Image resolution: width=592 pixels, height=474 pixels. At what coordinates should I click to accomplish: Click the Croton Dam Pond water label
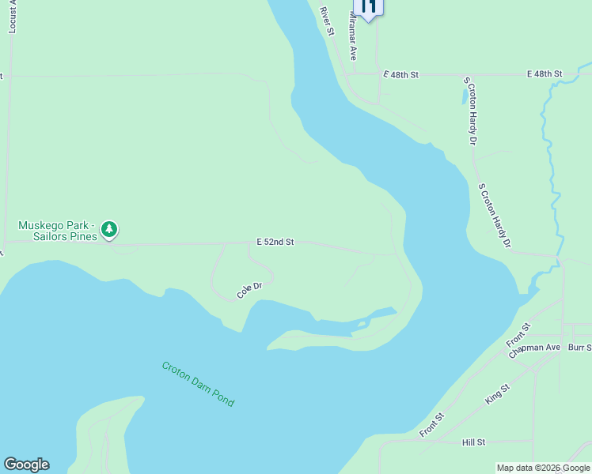[198, 384]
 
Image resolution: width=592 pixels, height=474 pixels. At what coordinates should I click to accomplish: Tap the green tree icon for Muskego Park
[109, 230]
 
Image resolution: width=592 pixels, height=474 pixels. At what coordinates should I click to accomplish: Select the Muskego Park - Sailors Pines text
[57, 231]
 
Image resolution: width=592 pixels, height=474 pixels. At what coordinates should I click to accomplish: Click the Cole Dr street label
[249, 291]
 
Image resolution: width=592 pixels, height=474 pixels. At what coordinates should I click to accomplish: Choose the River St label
[328, 22]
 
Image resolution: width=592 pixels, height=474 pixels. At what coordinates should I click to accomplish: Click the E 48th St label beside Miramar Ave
[400, 74]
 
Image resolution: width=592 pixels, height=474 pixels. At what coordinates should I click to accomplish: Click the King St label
[498, 392]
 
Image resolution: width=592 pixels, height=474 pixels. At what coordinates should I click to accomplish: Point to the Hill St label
[473, 442]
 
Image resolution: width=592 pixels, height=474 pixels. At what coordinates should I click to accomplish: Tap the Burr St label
[579, 347]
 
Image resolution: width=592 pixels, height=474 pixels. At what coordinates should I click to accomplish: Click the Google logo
[26, 465]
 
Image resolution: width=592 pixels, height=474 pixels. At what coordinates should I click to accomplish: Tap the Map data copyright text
[543, 468]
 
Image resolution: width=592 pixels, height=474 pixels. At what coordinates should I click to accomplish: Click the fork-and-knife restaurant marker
[368, 7]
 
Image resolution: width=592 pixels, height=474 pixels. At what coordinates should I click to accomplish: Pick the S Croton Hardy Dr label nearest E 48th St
[472, 111]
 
